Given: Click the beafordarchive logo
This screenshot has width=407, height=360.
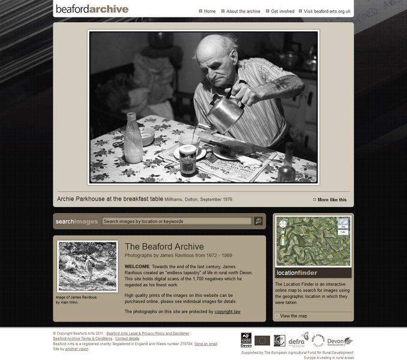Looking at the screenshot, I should pyautogui.click(x=92, y=9).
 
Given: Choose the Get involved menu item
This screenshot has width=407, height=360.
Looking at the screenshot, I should pyautogui.click(x=282, y=11).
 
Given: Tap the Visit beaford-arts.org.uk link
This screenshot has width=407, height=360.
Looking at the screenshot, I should pyautogui.click(x=327, y=11).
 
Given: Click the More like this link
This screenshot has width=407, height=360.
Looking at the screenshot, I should pyautogui.click(x=331, y=200).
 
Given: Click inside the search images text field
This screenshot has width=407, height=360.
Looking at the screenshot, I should pyautogui.click(x=176, y=221).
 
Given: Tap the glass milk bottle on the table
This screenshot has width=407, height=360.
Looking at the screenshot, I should pyautogui.click(x=133, y=139).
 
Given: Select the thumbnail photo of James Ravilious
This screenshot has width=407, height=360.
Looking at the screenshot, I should pyautogui.click(x=88, y=266).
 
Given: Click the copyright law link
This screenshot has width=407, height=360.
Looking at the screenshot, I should pyautogui.click(x=228, y=312).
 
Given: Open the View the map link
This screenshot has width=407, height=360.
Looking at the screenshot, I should pyautogui.click(x=293, y=316).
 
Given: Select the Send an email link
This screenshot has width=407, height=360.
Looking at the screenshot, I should pyautogui.click(x=206, y=344).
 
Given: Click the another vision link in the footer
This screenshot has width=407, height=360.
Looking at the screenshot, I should pyautogui.click(x=77, y=349).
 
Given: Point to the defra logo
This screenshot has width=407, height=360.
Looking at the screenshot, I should pyautogui.click(x=296, y=341).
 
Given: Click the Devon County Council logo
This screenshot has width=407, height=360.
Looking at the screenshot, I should pyautogui.click(x=339, y=341).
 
